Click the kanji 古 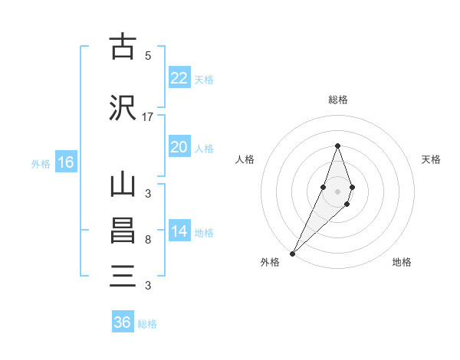click(x=123, y=47)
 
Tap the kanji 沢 click(x=123, y=108)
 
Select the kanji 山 click(x=123, y=186)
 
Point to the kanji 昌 click(x=123, y=231)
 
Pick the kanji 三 click(x=123, y=277)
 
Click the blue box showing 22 click(x=179, y=78)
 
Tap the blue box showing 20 click(x=179, y=147)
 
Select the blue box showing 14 click(x=179, y=232)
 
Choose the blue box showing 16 click(x=65, y=162)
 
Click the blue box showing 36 click(x=123, y=322)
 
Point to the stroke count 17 click(x=148, y=117)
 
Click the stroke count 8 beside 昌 click(x=148, y=240)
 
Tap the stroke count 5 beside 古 click(x=148, y=55)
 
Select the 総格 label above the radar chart click(x=337, y=100)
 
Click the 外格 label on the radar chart click(x=270, y=263)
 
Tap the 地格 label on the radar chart click(x=402, y=263)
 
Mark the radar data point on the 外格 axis click(x=292, y=253)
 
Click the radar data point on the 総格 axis click(x=337, y=146)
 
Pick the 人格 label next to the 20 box click(x=204, y=148)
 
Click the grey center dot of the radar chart click(x=337, y=191)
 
